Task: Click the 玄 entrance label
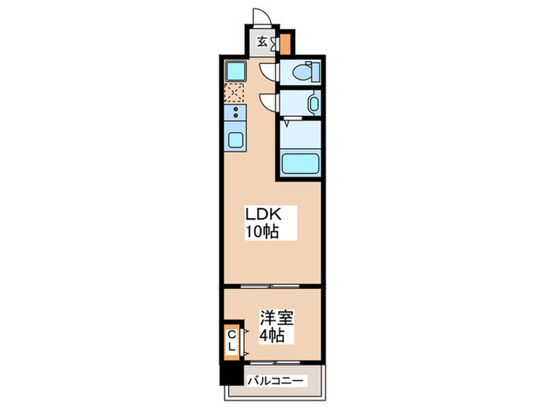[262, 42]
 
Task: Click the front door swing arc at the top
[261, 17]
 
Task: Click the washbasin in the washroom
[311, 104]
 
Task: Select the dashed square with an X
[234, 94]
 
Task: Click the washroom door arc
[267, 101]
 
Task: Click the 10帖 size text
[262, 231]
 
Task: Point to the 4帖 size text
[272, 336]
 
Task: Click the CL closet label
[232, 340]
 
